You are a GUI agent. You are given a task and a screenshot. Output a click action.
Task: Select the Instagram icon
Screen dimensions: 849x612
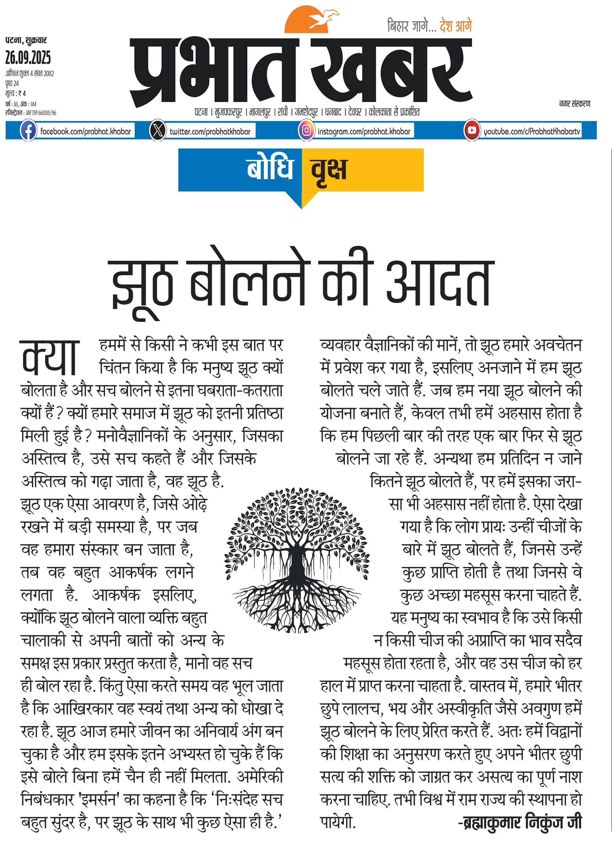306,131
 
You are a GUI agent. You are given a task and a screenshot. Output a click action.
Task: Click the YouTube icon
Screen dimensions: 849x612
472,131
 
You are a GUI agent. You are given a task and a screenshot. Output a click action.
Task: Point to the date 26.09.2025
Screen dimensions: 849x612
28,58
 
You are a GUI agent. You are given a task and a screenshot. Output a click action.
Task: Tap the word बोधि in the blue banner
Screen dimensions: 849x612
270,169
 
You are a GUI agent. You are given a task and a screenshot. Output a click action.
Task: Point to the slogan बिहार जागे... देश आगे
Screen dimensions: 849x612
429,26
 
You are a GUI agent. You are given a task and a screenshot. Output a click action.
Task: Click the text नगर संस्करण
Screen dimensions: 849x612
575,104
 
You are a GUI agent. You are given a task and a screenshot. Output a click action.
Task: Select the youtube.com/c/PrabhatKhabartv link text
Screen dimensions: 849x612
532,131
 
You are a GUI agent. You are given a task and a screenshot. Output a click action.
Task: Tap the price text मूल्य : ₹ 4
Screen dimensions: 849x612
16,93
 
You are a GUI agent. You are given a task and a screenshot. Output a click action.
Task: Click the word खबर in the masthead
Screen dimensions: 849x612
391,71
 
